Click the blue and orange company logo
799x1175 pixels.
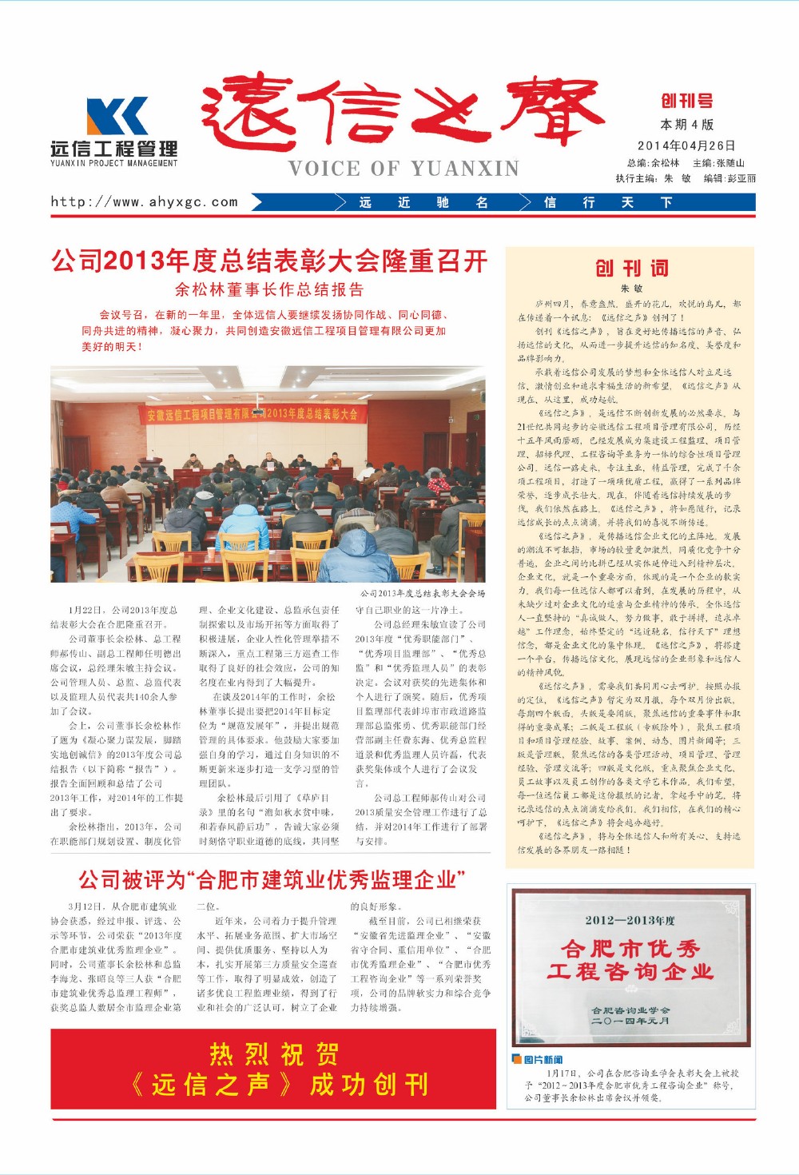(117, 116)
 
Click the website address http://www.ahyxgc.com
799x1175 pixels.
(145, 201)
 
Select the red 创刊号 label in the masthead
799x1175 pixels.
(686, 101)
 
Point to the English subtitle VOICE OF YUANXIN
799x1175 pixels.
(404, 169)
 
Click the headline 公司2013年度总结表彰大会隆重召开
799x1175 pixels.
(269, 261)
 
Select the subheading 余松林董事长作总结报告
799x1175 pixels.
(269, 289)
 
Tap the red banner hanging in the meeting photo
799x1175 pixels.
(252, 414)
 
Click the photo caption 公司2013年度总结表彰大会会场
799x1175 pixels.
(422, 593)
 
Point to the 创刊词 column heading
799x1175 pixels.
(630, 268)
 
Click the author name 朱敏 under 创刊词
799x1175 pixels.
(630, 289)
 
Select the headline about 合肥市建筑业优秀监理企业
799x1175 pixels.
(272, 880)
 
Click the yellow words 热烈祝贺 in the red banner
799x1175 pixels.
(273, 1054)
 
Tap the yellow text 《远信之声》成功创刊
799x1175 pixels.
(280, 1085)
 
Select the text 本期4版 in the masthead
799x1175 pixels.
(686, 125)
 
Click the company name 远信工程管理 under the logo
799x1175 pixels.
(114, 149)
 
